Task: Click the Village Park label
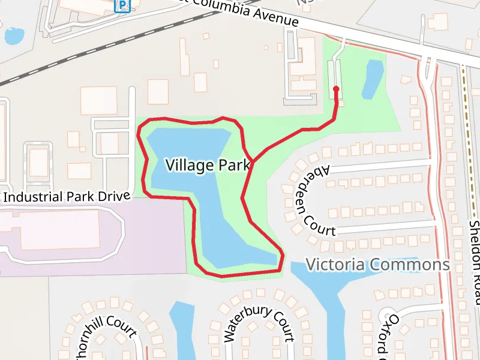tap(207, 165)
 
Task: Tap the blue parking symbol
tap(122, 6)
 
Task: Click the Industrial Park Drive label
tap(67, 197)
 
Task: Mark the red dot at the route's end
tap(336, 89)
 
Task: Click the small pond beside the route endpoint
tap(373, 79)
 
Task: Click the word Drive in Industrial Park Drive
tap(113, 196)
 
